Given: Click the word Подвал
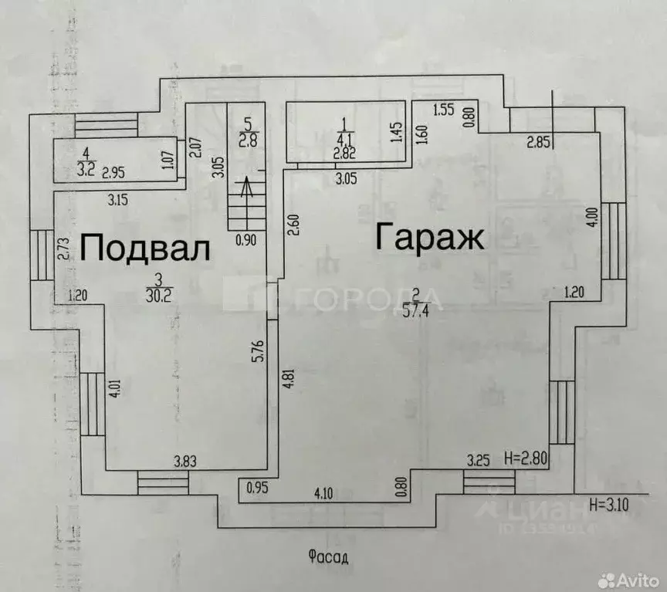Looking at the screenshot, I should (145, 249).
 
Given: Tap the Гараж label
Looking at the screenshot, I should (429, 236).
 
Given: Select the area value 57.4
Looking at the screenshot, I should (417, 312).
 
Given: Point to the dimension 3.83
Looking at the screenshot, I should (185, 462).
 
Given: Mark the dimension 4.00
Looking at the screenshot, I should (591, 216).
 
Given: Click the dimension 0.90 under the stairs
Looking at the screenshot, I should (245, 239).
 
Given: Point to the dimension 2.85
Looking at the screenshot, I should (539, 142).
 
